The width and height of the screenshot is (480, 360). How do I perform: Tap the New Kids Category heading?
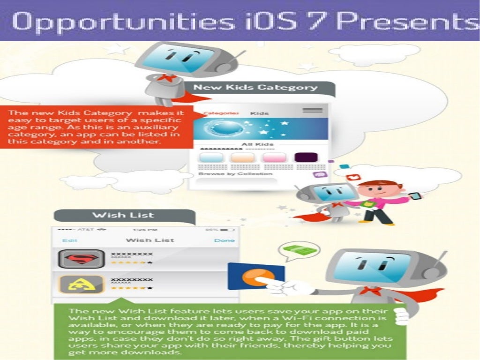coord(255,88)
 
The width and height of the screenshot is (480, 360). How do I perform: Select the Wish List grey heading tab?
coord(123,215)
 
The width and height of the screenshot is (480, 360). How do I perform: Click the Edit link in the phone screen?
coord(70,240)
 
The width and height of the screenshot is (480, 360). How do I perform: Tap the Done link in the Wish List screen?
coord(224,240)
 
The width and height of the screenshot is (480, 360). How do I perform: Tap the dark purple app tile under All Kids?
coord(306,157)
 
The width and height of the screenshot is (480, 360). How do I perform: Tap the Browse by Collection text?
coord(235,174)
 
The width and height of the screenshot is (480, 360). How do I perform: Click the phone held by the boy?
coord(415,195)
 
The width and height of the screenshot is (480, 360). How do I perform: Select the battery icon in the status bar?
coord(227,230)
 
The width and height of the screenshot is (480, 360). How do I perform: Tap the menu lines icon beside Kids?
coord(312,111)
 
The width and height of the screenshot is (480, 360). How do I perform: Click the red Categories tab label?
coord(221,113)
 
